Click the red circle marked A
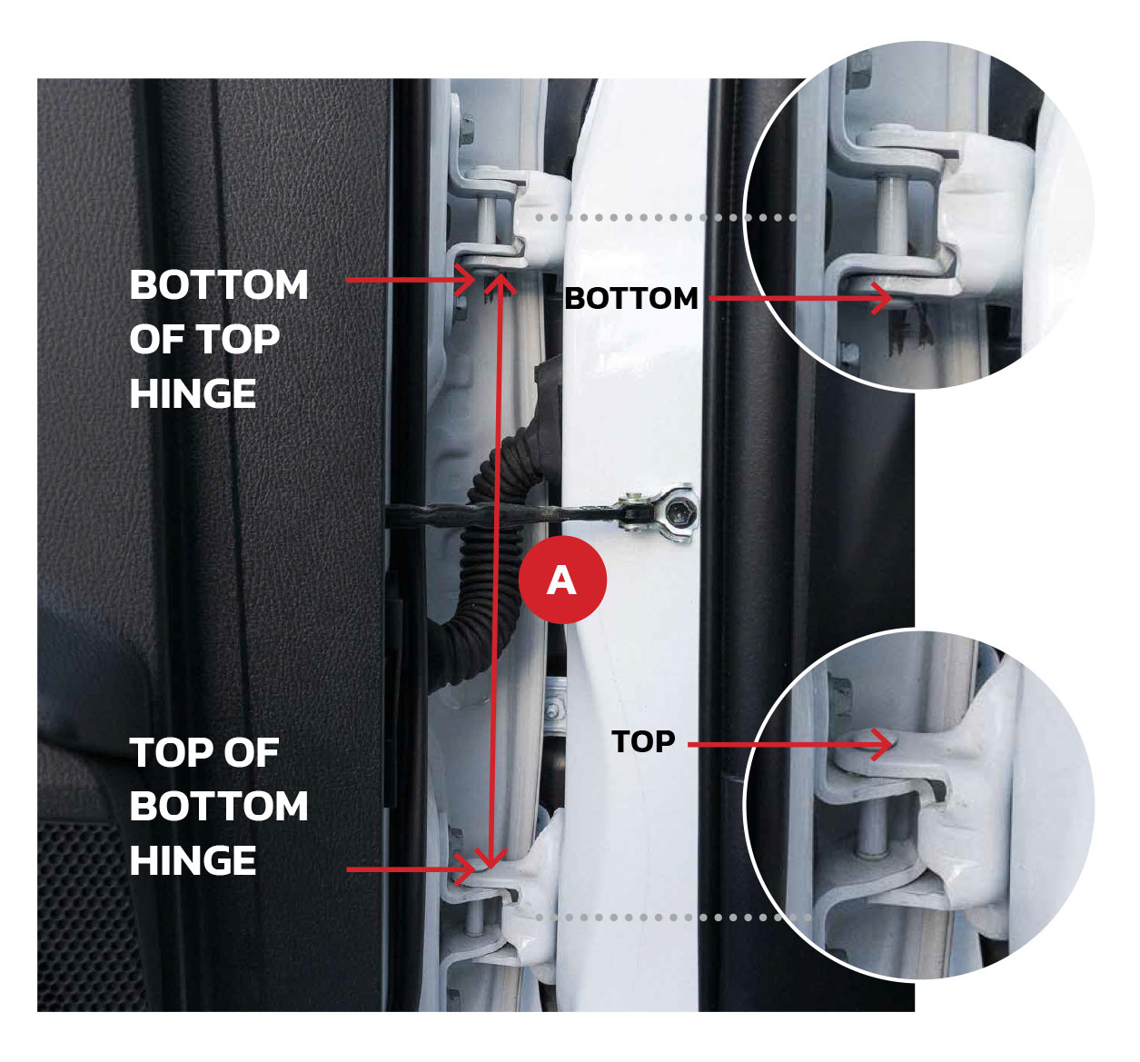pyautogui.click(x=562, y=580)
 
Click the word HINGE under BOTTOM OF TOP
pyautogui.click(x=193, y=394)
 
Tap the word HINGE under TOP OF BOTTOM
pyautogui.click(x=193, y=860)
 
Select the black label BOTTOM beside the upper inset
pyautogui.click(x=630, y=299)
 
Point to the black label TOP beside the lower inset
pyautogui.click(x=643, y=741)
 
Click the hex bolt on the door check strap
pyautogui.click(x=680, y=510)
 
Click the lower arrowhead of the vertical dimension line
pyautogui.click(x=490, y=859)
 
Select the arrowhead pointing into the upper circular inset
pyautogui.click(x=882, y=298)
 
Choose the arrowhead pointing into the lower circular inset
pyautogui.click(x=882, y=744)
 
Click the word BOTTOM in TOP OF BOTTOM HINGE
pyautogui.click(x=219, y=807)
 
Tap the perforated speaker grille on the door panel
pyautogui.click(x=86, y=913)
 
